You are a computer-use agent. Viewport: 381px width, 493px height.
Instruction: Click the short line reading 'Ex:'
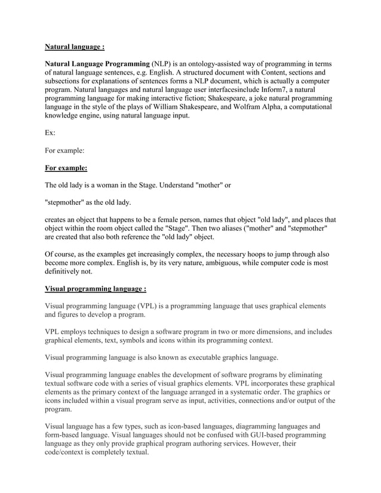(x=51, y=133)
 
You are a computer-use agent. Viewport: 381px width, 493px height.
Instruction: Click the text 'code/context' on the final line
(x=69, y=452)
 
